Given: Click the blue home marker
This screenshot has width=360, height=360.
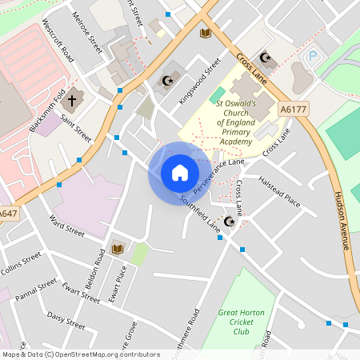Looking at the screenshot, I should click(179, 173).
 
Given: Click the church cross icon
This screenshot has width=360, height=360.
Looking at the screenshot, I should click(71, 101).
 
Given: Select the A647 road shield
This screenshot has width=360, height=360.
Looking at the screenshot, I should click(8, 214).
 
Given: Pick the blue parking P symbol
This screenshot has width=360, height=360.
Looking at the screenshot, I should click(313, 58).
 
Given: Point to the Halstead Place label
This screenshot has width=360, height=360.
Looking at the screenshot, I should click(279, 192).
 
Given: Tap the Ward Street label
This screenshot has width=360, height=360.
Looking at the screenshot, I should click(66, 225).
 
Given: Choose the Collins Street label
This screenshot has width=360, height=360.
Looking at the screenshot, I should click(20, 263).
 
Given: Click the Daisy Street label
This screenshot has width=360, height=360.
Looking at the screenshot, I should click(66, 320).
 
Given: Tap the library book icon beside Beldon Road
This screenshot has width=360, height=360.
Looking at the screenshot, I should click(118, 248).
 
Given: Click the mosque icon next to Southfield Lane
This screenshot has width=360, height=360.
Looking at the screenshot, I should click(230, 221).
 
